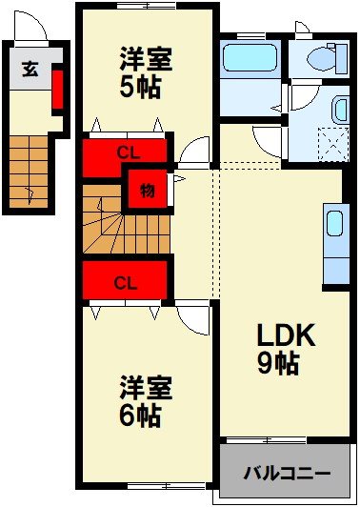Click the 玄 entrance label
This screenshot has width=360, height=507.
[30, 69]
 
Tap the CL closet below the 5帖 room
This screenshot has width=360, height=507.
[125, 152]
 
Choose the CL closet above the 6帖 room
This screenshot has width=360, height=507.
[125, 282]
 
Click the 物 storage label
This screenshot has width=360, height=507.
[148, 190]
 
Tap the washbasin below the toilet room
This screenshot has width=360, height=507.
[340, 109]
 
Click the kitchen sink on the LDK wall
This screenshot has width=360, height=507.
[334, 225]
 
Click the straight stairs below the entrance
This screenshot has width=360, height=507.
[31, 172]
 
